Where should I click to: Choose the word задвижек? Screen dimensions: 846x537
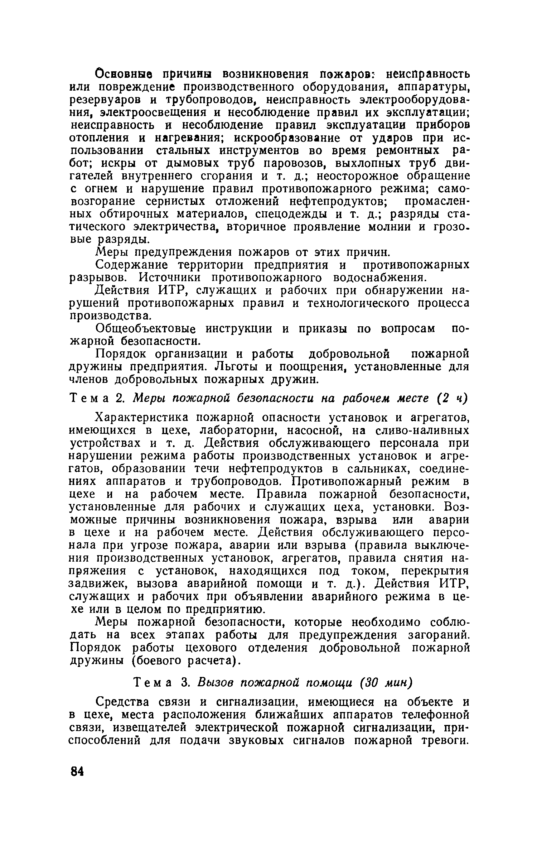(x=96, y=583)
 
